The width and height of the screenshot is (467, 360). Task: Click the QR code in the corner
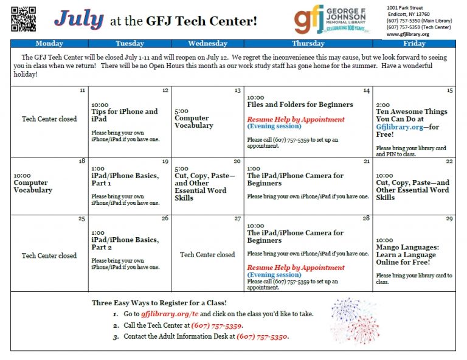click(x=23, y=19)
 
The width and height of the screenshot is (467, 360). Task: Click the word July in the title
click(x=78, y=19)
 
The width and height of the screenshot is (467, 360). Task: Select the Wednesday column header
click(x=207, y=44)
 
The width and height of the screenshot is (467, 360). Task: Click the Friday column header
click(x=414, y=44)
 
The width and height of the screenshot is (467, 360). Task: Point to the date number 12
click(x=165, y=91)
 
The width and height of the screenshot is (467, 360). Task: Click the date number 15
click(x=449, y=91)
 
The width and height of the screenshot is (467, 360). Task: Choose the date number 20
click(x=237, y=161)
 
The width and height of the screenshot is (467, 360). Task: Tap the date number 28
click(x=366, y=218)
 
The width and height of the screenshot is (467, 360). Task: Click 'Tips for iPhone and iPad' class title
click(x=124, y=116)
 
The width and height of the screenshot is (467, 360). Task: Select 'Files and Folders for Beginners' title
click(x=300, y=105)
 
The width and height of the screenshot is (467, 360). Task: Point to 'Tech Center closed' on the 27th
click(x=207, y=255)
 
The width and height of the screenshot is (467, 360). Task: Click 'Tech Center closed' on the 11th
click(x=49, y=119)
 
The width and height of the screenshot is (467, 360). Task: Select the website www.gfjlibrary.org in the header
click(x=408, y=35)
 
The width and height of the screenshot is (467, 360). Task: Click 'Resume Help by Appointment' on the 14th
click(x=296, y=119)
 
